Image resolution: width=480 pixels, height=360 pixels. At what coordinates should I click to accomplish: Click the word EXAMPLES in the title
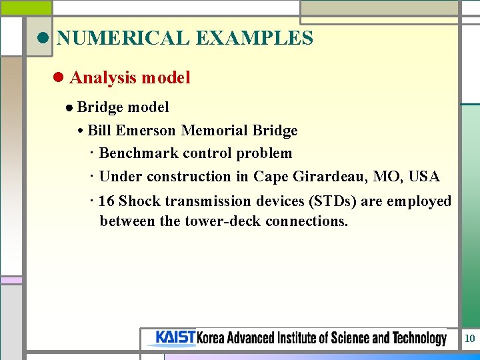coord(254,38)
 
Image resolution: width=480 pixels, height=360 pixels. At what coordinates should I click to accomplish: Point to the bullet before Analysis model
coord(58,78)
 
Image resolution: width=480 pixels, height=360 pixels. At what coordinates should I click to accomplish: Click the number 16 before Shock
coord(107,201)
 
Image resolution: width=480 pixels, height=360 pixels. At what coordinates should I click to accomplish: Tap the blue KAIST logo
coord(175,338)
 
